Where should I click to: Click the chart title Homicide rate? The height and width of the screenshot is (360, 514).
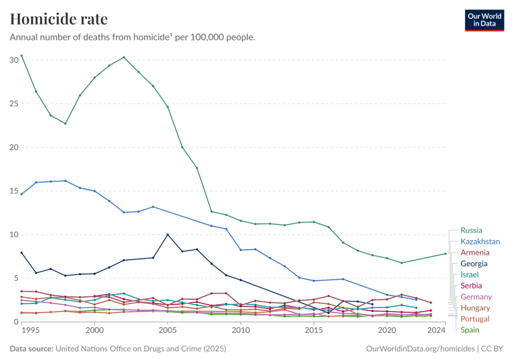pos(58,19)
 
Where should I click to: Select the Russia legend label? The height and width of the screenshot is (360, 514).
pos(472,230)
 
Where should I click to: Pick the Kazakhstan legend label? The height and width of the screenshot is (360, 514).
pos(480,242)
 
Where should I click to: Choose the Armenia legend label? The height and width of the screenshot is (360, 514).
pos(474,253)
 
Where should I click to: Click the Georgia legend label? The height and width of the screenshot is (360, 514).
pos(474,264)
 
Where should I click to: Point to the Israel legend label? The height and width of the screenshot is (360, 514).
pos(469,275)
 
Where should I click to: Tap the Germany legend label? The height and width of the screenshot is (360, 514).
pos(476,297)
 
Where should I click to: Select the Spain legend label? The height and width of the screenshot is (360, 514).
pos(470,330)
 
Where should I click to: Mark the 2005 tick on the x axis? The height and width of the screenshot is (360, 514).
pos(168,330)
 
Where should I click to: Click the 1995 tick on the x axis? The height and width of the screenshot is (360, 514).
pos(31,330)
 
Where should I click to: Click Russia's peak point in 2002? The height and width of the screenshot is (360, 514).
pos(124,57)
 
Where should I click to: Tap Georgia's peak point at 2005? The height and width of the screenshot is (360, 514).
pos(168,234)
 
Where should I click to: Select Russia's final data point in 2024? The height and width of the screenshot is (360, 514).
pos(445,254)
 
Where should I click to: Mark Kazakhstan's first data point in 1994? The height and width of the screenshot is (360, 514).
pos(21,194)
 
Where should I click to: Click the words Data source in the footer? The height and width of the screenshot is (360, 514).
pos(33,348)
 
